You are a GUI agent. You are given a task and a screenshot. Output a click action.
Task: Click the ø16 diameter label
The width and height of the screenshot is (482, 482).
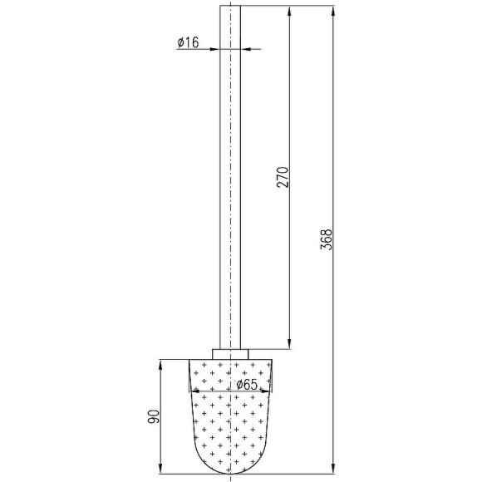coord(188,42)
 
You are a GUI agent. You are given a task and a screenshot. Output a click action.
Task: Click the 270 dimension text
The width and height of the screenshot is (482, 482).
coord(283,177)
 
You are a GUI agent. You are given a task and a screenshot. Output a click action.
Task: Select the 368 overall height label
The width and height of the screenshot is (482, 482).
coord(326,239)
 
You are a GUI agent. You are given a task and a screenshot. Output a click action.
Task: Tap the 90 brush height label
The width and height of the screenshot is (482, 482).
coord(154,416)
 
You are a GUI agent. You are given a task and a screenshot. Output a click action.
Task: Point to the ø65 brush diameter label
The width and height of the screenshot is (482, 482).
coord(247,384)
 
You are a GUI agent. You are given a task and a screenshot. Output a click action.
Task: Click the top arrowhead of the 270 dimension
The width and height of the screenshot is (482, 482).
coord(289,11)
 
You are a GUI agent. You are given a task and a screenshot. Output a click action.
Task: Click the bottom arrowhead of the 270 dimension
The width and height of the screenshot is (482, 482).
coord(289,344)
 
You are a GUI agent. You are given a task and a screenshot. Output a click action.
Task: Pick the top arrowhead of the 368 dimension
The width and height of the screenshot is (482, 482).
coord(333,11)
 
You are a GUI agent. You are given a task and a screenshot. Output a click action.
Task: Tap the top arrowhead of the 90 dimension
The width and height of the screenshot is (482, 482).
coord(160,364)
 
